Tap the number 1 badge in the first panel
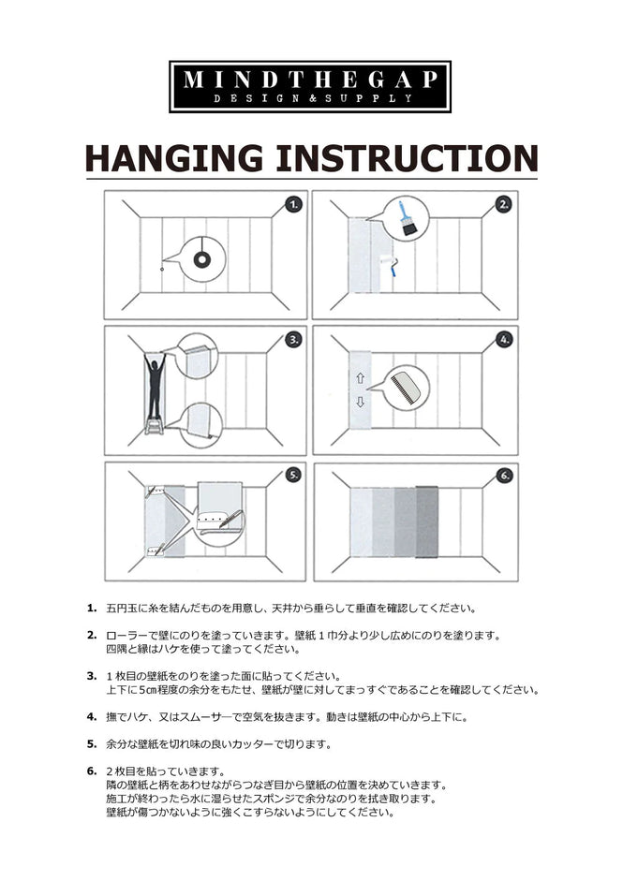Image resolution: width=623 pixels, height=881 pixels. [x=293, y=203]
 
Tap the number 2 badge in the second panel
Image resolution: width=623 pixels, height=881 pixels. [x=503, y=203]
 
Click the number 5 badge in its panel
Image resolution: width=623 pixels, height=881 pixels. [x=293, y=475]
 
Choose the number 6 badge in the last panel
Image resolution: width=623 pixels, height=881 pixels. [x=503, y=475]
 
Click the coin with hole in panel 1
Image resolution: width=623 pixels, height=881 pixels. [x=200, y=258]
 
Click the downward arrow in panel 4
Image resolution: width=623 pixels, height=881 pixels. [x=360, y=403]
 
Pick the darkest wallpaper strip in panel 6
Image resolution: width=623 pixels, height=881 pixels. [x=426, y=521]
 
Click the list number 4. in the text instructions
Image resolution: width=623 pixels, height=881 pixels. [x=92, y=716]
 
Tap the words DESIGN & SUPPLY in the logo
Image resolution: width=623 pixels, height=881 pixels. [x=310, y=98]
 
